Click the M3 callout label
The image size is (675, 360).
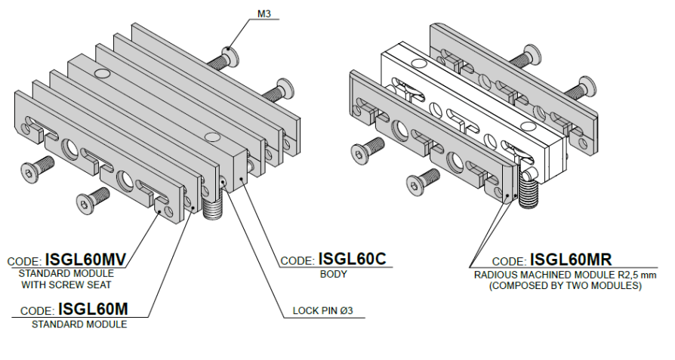point(264,14)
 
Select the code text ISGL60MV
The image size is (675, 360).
point(85,260)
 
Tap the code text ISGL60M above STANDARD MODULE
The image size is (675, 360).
point(93,309)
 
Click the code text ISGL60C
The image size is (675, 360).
point(352,259)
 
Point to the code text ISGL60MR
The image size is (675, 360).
point(570,260)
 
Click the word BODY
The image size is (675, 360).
point(333,274)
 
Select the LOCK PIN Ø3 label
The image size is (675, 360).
point(323,310)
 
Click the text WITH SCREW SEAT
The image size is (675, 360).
point(66,285)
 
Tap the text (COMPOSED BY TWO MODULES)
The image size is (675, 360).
point(566,285)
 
